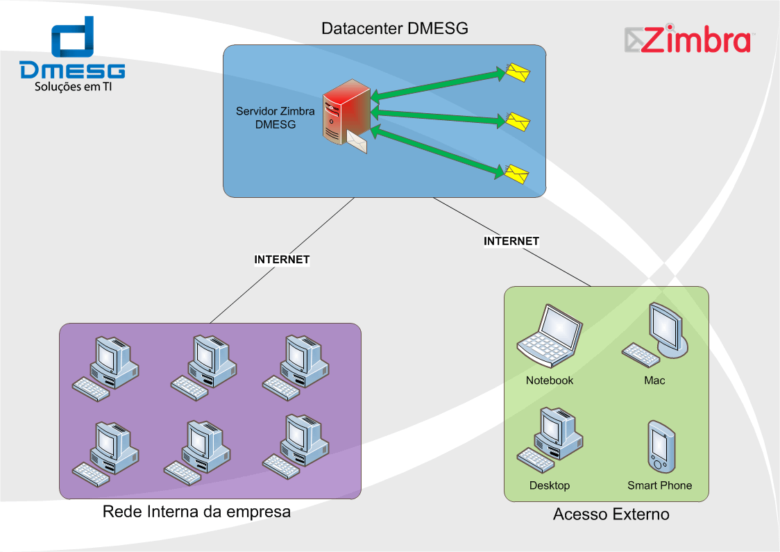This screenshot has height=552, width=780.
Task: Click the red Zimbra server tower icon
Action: click(346, 112)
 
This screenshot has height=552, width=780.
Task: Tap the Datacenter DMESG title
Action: click(394, 28)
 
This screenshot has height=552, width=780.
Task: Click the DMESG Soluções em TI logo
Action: click(73, 53)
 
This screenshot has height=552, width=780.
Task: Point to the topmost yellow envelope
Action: click(518, 73)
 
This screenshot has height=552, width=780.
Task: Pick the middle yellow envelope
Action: click(518, 122)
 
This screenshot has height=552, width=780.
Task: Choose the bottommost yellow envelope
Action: click(516, 174)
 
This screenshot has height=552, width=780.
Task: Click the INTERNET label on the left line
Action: click(282, 259)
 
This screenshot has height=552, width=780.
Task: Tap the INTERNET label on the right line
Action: click(511, 241)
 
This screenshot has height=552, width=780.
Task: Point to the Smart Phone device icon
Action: click(661, 446)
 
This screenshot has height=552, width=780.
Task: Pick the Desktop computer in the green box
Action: click(550, 440)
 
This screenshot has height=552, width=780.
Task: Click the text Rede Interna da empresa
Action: click(196, 512)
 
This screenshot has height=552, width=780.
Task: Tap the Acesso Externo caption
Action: click(611, 515)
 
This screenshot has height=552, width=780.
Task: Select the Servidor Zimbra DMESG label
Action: click(275, 118)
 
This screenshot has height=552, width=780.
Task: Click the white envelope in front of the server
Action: click(357, 142)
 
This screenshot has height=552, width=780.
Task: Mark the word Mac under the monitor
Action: click(654, 380)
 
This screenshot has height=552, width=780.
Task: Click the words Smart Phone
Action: click(660, 485)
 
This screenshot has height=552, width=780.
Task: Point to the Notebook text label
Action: click(550, 380)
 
